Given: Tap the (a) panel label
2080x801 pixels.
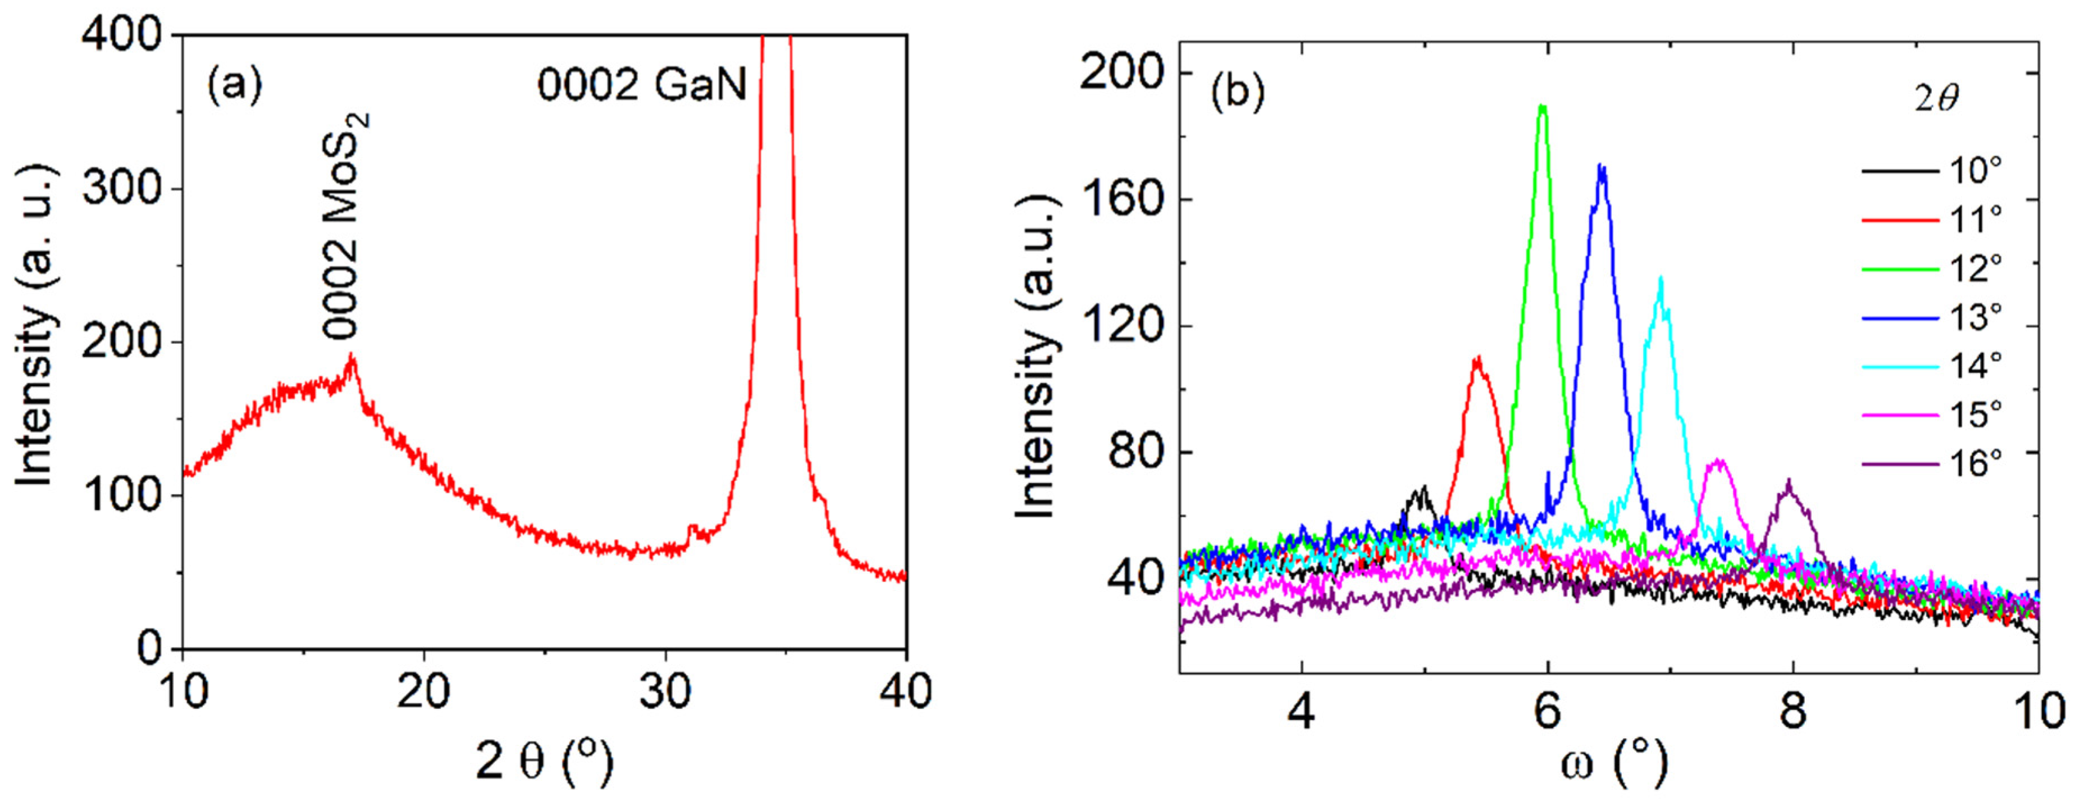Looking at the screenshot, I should [235, 85].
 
